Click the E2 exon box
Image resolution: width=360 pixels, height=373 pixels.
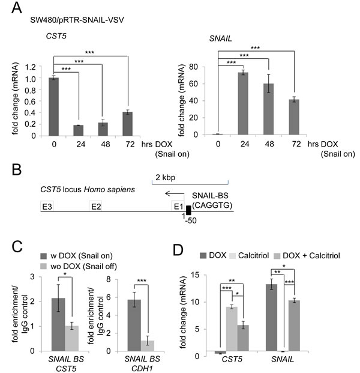95,206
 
